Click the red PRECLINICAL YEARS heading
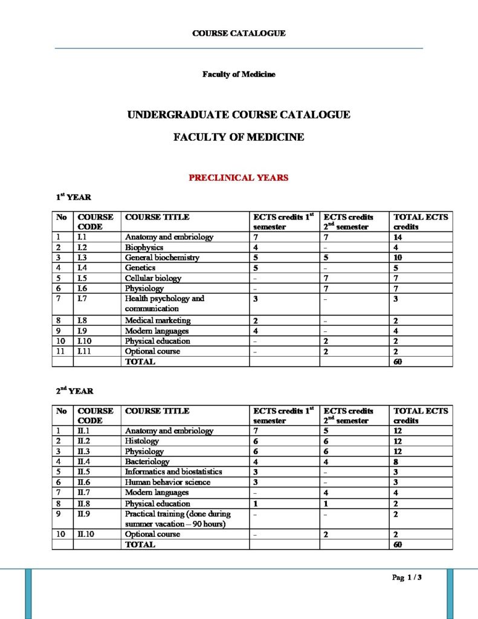click(x=239, y=178)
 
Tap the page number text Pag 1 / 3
click(x=407, y=577)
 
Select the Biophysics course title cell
click(x=144, y=247)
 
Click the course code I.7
click(x=83, y=299)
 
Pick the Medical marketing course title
click(x=158, y=320)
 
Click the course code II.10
click(x=86, y=534)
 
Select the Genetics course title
click(x=140, y=268)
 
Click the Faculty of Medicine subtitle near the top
click(x=239, y=74)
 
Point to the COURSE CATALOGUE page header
click(x=239, y=33)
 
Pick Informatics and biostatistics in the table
click(x=173, y=472)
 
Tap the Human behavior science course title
click(x=167, y=482)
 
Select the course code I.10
click(x=85, y=341)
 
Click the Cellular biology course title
click(x=153, y=278)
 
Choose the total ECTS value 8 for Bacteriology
click(x=396, y=461)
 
